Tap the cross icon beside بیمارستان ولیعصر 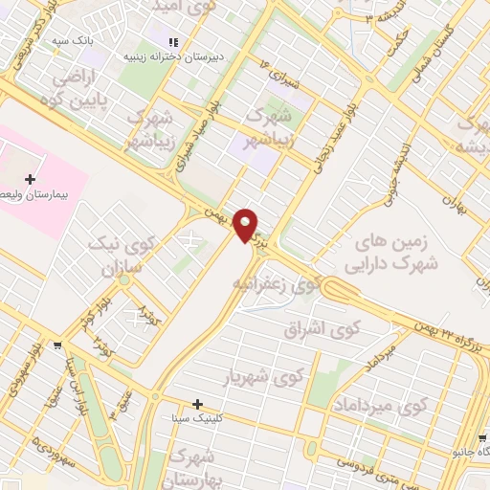(x=32, y=179)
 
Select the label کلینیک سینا (x=234, y=418)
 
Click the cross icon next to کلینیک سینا (x=198, y=405)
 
